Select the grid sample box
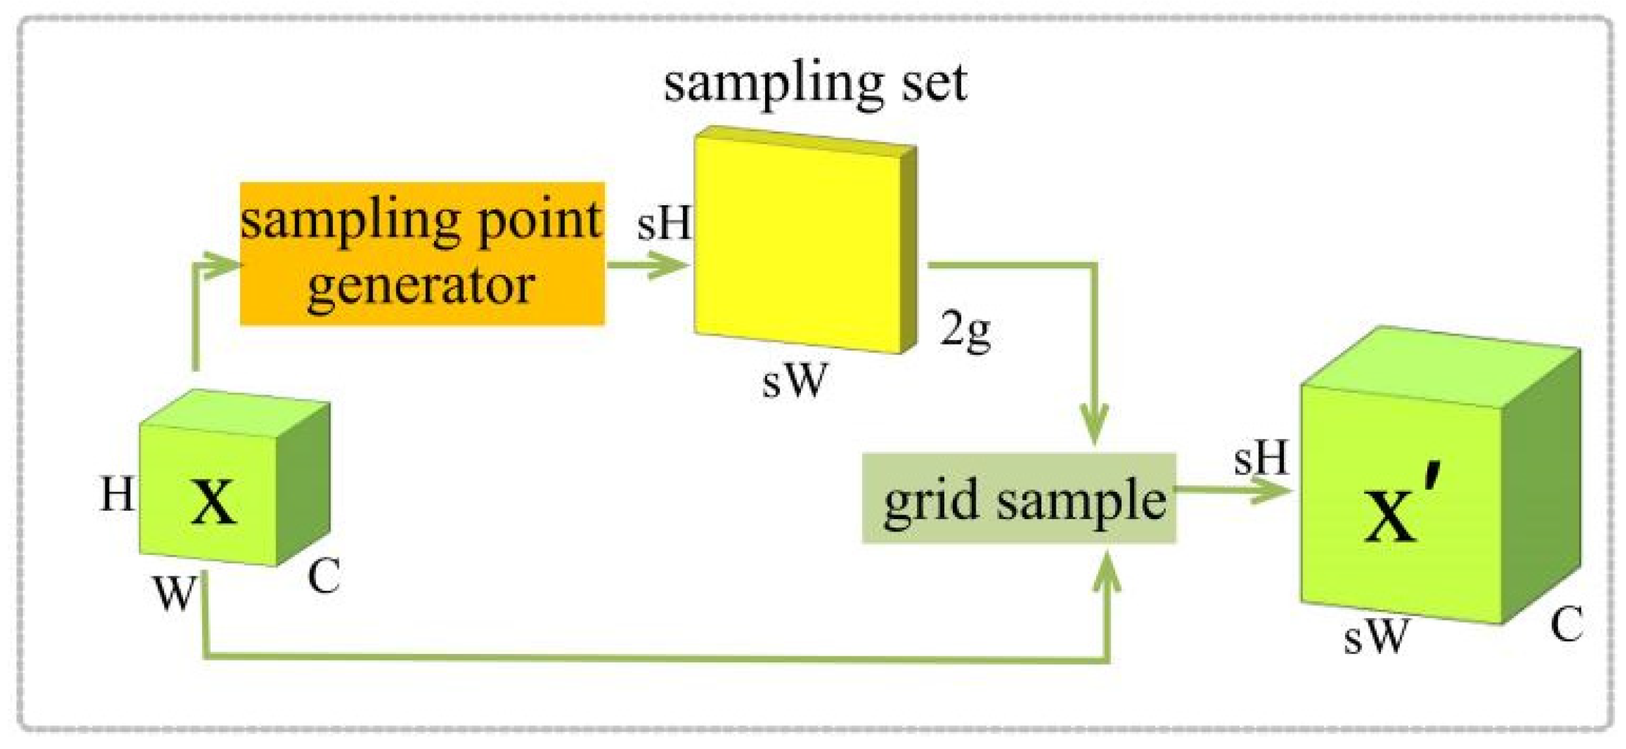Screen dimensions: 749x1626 pos(1019,498)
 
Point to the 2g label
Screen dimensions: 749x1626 pos(965,330)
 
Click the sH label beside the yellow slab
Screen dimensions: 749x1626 pos(663,223)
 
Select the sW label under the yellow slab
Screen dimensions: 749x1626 pos(794,380)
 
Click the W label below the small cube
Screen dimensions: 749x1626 pos(173,593)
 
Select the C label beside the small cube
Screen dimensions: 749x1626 pos(324,576)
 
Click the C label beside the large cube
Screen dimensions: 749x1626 pos(1566,624)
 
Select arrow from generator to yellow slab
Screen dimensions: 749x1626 pos(648,265)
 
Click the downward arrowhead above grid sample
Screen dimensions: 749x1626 pos(1094,423)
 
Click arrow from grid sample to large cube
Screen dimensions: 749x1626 pos(1232,490)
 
